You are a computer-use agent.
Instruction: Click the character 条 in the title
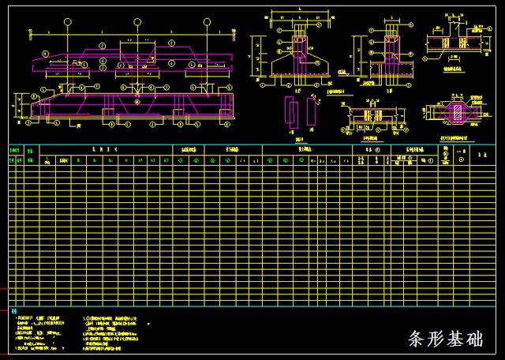418,340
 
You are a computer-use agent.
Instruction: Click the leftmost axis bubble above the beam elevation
69,23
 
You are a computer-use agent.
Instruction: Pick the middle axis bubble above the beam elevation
137,23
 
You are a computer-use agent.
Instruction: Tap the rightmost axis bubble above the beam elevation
206,23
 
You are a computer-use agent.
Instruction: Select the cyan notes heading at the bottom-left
15,310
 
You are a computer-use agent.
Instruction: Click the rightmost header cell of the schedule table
481,156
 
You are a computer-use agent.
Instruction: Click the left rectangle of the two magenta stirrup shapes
291,110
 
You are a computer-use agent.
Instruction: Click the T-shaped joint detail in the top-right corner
447,43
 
